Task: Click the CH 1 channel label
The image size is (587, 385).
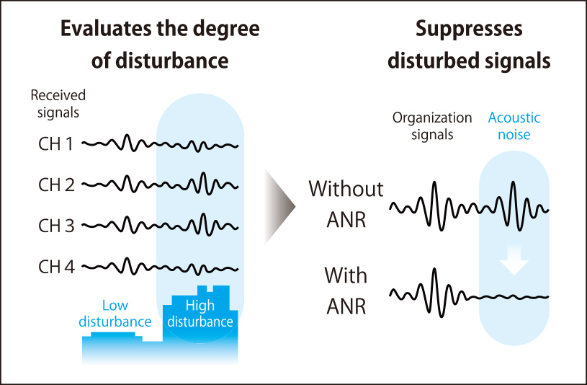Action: click(55, 144)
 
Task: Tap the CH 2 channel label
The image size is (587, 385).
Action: click(56, 185)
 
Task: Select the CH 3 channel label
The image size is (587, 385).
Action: click(56, 226)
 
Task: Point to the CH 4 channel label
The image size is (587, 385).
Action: click(56, 267)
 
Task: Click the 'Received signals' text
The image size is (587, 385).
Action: click(58, 104)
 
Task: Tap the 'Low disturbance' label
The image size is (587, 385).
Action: click(116, 313)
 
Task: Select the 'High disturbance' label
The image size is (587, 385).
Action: click(200, 313)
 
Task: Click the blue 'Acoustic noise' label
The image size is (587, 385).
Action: click(514, 125)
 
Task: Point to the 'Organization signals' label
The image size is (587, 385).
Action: click(433, 125)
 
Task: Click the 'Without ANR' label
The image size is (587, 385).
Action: click(346, 203)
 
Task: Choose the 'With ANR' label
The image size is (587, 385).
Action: click(346, 291)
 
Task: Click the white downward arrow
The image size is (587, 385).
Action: click(514, 260)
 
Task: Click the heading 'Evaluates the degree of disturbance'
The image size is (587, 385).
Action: click(160, 45)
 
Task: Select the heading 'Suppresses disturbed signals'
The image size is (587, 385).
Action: click(469, 45)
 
